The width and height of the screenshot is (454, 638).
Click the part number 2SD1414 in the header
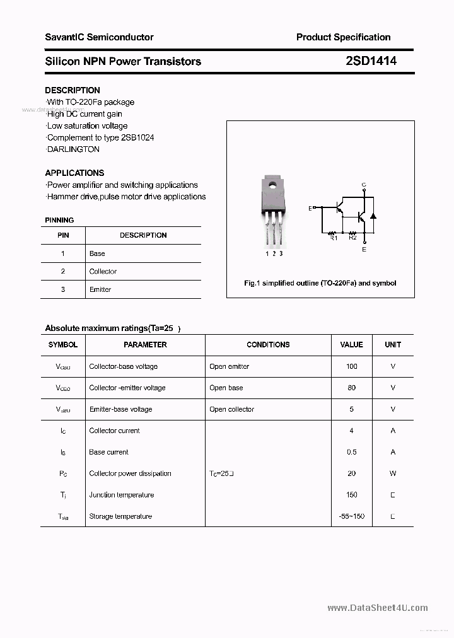371,61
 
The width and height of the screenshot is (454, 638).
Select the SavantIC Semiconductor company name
99,37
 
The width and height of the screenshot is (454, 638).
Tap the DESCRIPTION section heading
73,90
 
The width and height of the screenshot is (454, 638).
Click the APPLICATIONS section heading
74,173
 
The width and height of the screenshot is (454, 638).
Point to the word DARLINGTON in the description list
74,149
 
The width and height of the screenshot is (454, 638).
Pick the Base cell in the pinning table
97,253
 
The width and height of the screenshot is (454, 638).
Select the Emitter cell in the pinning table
100,289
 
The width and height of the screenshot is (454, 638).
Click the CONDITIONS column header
268,345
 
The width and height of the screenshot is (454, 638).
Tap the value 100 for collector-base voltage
351,366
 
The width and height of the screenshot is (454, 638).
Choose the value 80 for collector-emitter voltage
351,388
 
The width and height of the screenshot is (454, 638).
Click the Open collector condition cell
231,409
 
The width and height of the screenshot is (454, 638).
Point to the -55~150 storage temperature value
351,516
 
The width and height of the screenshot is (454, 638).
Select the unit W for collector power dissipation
393,473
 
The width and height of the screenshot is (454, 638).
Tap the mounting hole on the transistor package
272,185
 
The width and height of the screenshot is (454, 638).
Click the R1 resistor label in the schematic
334,238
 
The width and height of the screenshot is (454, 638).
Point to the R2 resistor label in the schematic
352,238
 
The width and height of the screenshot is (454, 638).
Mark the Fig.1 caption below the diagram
320,283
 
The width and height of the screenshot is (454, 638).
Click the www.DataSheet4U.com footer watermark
378,608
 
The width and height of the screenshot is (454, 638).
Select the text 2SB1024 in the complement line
137,137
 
